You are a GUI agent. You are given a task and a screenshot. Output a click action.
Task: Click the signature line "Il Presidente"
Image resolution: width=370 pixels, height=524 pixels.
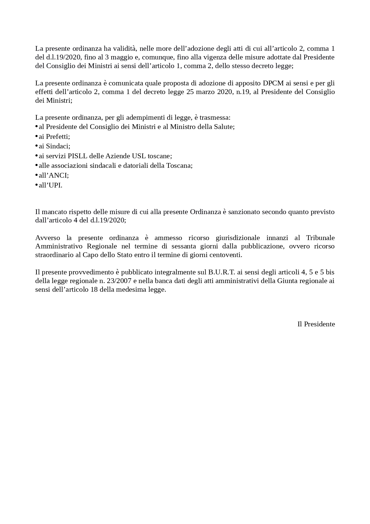(316, 324)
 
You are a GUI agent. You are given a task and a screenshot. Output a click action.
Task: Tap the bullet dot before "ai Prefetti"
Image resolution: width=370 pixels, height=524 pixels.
(36, 136)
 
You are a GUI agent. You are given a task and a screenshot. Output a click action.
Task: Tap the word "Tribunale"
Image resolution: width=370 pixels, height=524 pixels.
(320, 238)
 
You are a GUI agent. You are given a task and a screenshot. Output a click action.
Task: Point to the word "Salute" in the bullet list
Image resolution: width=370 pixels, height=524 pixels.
(224, 127)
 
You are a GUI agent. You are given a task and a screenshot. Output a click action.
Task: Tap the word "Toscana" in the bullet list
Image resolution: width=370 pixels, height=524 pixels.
(179, 166)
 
